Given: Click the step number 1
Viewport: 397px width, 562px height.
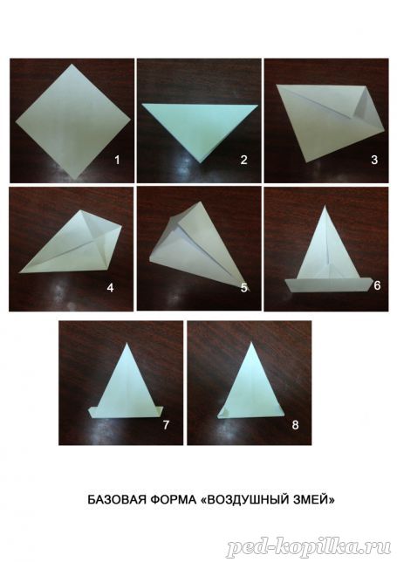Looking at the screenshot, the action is tap(117, 160).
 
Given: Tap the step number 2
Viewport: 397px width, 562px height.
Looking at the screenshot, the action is tap(243, 160).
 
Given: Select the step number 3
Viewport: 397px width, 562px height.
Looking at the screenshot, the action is tap(374, 160).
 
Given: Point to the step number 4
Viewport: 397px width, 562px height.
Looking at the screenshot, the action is tap(110, 287).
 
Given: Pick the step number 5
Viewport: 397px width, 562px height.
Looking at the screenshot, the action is tap(244, 287).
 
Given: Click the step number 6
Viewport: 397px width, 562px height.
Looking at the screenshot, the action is tap(377, 285).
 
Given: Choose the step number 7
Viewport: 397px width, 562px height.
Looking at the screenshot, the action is tap(166, 425).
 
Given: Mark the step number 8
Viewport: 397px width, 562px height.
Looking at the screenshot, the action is tap(295, 425).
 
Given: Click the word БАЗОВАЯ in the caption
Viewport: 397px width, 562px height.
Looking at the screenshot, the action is tap(117, 500).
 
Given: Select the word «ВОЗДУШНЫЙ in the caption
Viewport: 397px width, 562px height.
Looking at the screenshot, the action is tap(243, 500).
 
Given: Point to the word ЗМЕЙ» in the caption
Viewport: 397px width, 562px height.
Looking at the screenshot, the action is tap(312, 500).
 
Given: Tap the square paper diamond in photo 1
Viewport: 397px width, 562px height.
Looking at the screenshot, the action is tap(73, 121).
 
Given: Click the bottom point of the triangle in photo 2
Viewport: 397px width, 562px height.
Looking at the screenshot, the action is tap(201, 163).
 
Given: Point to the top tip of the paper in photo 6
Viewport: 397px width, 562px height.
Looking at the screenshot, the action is tap(325, 205).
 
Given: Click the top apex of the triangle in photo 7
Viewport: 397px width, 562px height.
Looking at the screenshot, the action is tap(127, 343).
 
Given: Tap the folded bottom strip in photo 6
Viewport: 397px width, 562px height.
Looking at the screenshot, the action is tap(328, 285).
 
